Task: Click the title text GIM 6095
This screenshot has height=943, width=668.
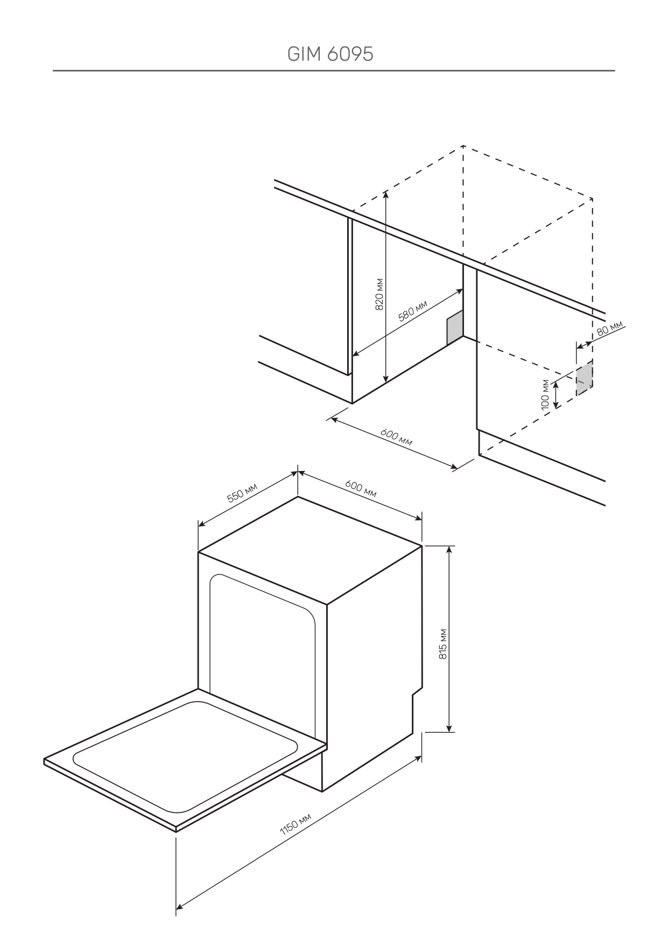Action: pos(330,54)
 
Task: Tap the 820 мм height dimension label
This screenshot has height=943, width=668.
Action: pos(379,294)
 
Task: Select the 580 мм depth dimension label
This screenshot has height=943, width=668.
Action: pos(412,311)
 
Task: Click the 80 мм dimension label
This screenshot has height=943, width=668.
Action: pos(609,328)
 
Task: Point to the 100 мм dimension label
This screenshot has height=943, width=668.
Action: pos(545,394)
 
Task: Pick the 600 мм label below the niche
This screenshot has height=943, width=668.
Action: pos(396,437)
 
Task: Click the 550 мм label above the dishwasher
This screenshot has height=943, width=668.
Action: pos(242,492)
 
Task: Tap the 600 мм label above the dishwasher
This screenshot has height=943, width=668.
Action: pos(361,489)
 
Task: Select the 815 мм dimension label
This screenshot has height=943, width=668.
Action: pos(442,644)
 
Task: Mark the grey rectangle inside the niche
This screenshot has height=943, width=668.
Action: pos(454,328)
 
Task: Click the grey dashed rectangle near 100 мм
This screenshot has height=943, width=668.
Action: pos(584,377)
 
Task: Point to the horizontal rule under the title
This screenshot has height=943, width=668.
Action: pos(334,70)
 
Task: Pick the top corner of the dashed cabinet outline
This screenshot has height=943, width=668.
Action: pos(463,146)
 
